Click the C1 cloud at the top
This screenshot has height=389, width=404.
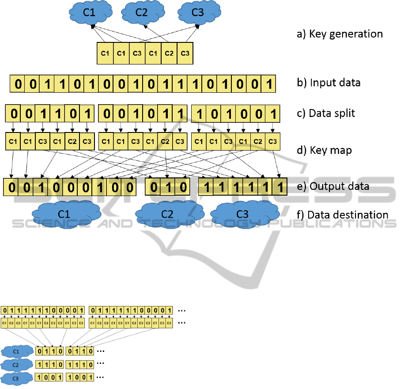89,13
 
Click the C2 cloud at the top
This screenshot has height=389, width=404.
141,13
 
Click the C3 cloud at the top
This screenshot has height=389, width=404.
198,13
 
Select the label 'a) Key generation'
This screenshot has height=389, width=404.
339,34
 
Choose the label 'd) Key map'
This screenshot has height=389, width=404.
324,150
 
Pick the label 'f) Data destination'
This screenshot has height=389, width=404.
343,215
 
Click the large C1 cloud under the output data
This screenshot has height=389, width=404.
64,214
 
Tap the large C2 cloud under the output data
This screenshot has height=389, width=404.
167,214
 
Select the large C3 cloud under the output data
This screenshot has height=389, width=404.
243,214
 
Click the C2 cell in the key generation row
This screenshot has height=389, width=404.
169,53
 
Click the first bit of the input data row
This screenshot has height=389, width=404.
17,83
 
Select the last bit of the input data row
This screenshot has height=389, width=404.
268,83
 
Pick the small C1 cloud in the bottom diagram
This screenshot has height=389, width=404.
16,351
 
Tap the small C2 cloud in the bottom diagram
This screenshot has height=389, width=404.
16,365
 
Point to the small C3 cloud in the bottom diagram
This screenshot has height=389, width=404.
16,378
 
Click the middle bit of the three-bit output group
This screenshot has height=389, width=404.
167,187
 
